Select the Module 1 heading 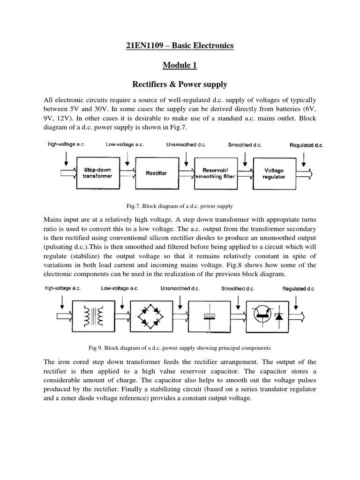click(x=180, y=65)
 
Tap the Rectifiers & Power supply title click(x=180, y=84)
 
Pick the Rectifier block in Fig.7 click(x=156, y=173)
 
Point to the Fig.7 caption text click(x=180, y=205)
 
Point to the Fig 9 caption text click(x=180, y=348)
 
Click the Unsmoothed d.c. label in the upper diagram click(x=186, y=145)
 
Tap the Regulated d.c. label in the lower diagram click(x=298, y=289)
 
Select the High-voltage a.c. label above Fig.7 click(x=66, y=145)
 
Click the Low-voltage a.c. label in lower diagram click(x=123, y=289)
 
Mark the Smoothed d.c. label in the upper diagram click(x=244, y=145)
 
